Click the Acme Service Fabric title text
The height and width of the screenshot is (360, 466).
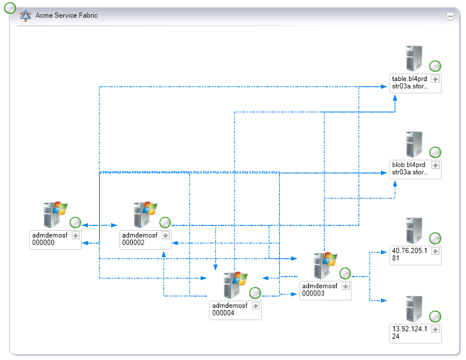66,16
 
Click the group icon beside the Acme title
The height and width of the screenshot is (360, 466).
26,16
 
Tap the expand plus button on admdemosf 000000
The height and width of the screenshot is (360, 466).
75,235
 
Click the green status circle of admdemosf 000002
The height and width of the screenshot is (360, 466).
165,223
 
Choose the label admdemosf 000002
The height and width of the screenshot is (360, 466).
140,239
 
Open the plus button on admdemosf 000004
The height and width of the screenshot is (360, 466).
256,306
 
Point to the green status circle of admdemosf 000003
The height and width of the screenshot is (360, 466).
345,273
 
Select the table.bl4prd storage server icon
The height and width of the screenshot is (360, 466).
414,58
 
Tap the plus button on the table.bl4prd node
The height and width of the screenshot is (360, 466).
436,79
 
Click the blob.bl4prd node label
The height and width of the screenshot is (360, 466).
410,168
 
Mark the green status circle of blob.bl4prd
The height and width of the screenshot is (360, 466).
436,152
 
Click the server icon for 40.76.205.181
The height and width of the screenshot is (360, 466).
414,230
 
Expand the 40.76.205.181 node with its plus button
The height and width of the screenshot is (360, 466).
436,251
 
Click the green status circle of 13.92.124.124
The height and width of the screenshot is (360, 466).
436,316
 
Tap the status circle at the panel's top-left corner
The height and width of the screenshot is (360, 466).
10,8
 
